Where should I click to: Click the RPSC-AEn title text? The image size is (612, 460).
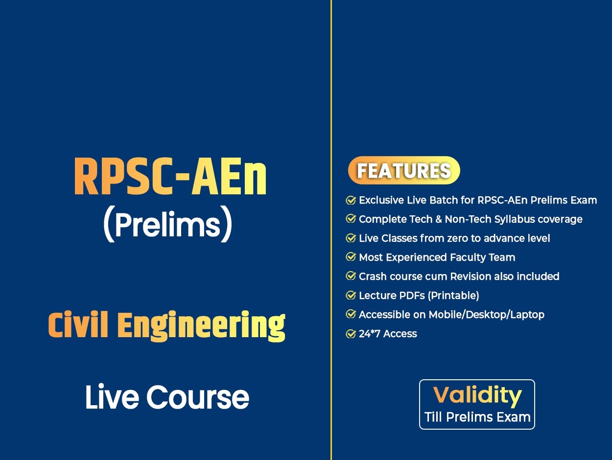click(x=170, y=176)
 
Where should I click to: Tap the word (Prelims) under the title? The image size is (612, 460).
click(x=167, y=224)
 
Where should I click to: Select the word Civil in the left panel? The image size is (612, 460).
click(x=78, y=324)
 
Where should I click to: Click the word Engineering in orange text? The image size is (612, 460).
click(x=201, y=326)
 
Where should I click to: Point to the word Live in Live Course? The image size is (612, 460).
click(x=112, y=397)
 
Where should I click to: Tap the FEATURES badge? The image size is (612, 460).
click(x=404, y=170)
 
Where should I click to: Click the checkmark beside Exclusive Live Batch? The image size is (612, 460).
click(x=351, y=200)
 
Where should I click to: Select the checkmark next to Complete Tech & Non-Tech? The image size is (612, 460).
click(x=351, y=219)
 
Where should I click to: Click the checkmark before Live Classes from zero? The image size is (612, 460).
click(x=351, y=238)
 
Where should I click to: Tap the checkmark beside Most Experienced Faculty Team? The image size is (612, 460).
click(x=351, y=257)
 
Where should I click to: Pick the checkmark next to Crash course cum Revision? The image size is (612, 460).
click(x=351, y=276)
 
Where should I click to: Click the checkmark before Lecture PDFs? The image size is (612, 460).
click(x=351, y=296)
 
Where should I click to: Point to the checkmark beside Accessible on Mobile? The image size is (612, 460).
click(x=351, y=315)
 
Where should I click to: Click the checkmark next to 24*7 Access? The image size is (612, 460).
click(x=351, y=334)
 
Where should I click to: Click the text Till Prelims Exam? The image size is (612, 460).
click(x=477, y=417)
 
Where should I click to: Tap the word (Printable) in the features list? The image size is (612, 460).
click(x=453, y=296)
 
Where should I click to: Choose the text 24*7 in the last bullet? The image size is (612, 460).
click(x=370, y=334)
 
